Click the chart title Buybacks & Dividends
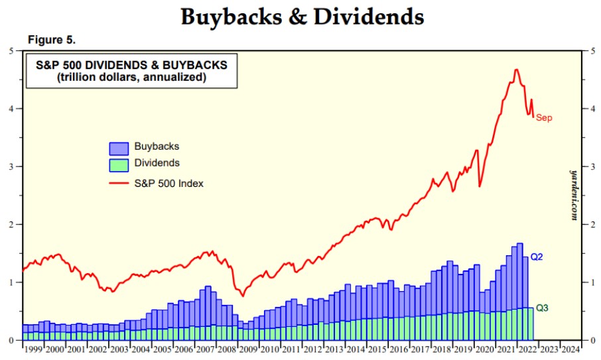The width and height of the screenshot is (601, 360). (302, 17)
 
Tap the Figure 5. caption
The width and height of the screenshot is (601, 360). (52, 40)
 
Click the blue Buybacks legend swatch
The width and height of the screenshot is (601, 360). (119, 148)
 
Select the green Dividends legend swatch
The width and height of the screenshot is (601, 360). (119, 164)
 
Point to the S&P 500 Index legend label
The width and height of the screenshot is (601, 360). (168, 183)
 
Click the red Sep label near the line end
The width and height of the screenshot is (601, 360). (543, 118)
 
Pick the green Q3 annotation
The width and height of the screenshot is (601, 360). (541, 308)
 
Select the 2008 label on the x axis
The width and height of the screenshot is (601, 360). (227, 349)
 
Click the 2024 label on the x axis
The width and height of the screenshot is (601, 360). (570, 349)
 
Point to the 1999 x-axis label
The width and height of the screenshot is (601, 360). (34, 349)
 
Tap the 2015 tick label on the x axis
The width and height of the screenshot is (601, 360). (377, 349)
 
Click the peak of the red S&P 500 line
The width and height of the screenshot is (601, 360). (516, 69)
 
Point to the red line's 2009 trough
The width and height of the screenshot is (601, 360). (243, 296)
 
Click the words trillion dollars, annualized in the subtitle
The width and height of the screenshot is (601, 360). (131, 78)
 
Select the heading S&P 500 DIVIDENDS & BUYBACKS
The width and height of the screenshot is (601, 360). (131, 66)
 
